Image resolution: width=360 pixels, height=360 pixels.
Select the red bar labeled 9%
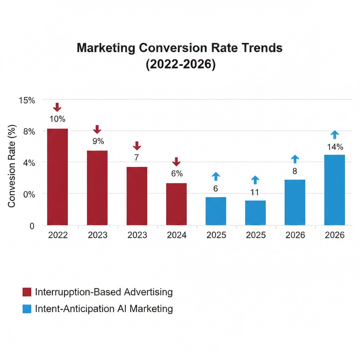[x=97, y=188]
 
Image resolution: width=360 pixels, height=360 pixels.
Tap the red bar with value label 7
[x=137, y=196]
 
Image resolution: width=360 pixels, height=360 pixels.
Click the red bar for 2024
[x=176, y=204]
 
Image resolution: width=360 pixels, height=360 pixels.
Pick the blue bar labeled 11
[x=255, y=213]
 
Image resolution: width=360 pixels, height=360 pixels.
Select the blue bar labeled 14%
[x=335, y=190]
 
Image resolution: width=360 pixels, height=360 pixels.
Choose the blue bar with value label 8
[x=295, y=202]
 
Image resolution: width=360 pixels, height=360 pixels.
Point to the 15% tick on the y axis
[x=27, y=100]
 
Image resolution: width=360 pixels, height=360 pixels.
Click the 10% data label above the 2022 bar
[x=57, y=119]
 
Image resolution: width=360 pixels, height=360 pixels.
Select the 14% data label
[x=335, y=147]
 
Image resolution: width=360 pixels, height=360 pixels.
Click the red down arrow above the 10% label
[x=57, y=107]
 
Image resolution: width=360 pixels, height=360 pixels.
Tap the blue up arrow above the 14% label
[x=335, y=135]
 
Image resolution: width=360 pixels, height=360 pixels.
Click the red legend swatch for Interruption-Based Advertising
[x=27, y=292]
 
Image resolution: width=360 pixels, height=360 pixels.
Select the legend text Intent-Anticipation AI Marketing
[x=104, y=309]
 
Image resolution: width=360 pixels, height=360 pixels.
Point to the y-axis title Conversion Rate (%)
[x=12, y=166]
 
